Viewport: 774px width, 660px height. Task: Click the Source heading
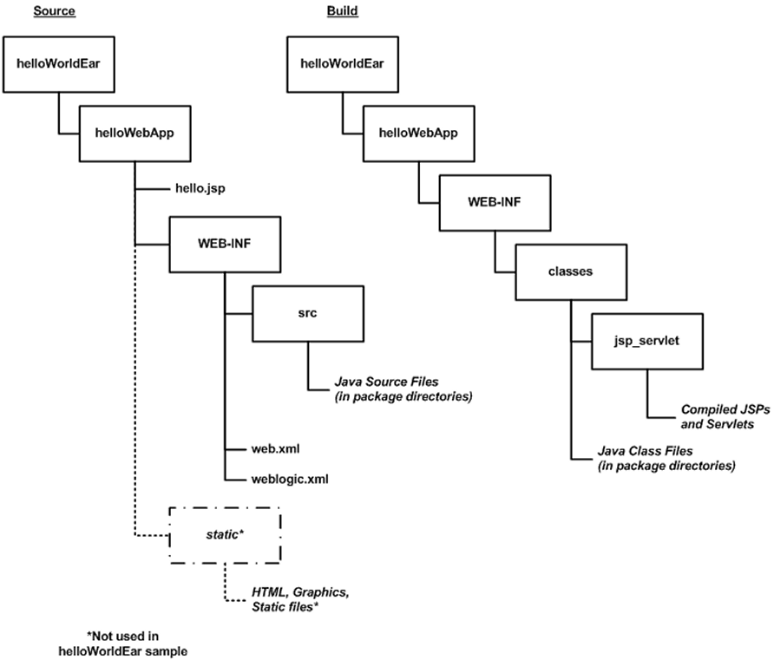point(53,12)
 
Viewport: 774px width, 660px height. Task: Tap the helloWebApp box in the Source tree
point(130,134)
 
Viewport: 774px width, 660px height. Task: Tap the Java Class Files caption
point(666,459)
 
